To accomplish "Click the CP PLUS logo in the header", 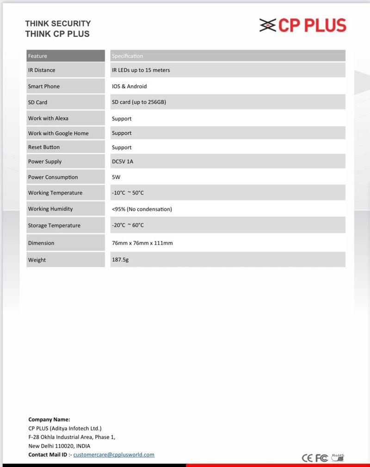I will [x=303, y=25].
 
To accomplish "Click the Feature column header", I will [x=37, y=56].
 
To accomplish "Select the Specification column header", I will [x=128, y=56].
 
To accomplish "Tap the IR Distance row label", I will [x=42, y=70].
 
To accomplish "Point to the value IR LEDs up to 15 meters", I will [x=141, y=70].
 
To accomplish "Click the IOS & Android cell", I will [x=129, y=86].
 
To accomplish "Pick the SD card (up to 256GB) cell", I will [x=139, y=102].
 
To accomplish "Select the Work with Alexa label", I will [x=48, y=118].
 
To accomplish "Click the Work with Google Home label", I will [x=58, y=133].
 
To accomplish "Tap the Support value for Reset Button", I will [x=122, y=147].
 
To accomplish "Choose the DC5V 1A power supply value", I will [x=123, y=162].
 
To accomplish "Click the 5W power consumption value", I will [x=116, y=177].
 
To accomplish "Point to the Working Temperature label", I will [x=55, y=193].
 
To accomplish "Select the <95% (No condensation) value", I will [x=142, y=209].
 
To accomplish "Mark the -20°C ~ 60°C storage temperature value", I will [x=128, y=225].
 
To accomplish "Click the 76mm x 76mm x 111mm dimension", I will [x=142, y=243].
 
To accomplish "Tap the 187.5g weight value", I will [x=120, y=260].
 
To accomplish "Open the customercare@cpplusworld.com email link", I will [x=114, y=455].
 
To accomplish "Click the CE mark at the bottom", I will [x=308, y=458].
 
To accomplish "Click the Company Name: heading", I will [x=49, y=419].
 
